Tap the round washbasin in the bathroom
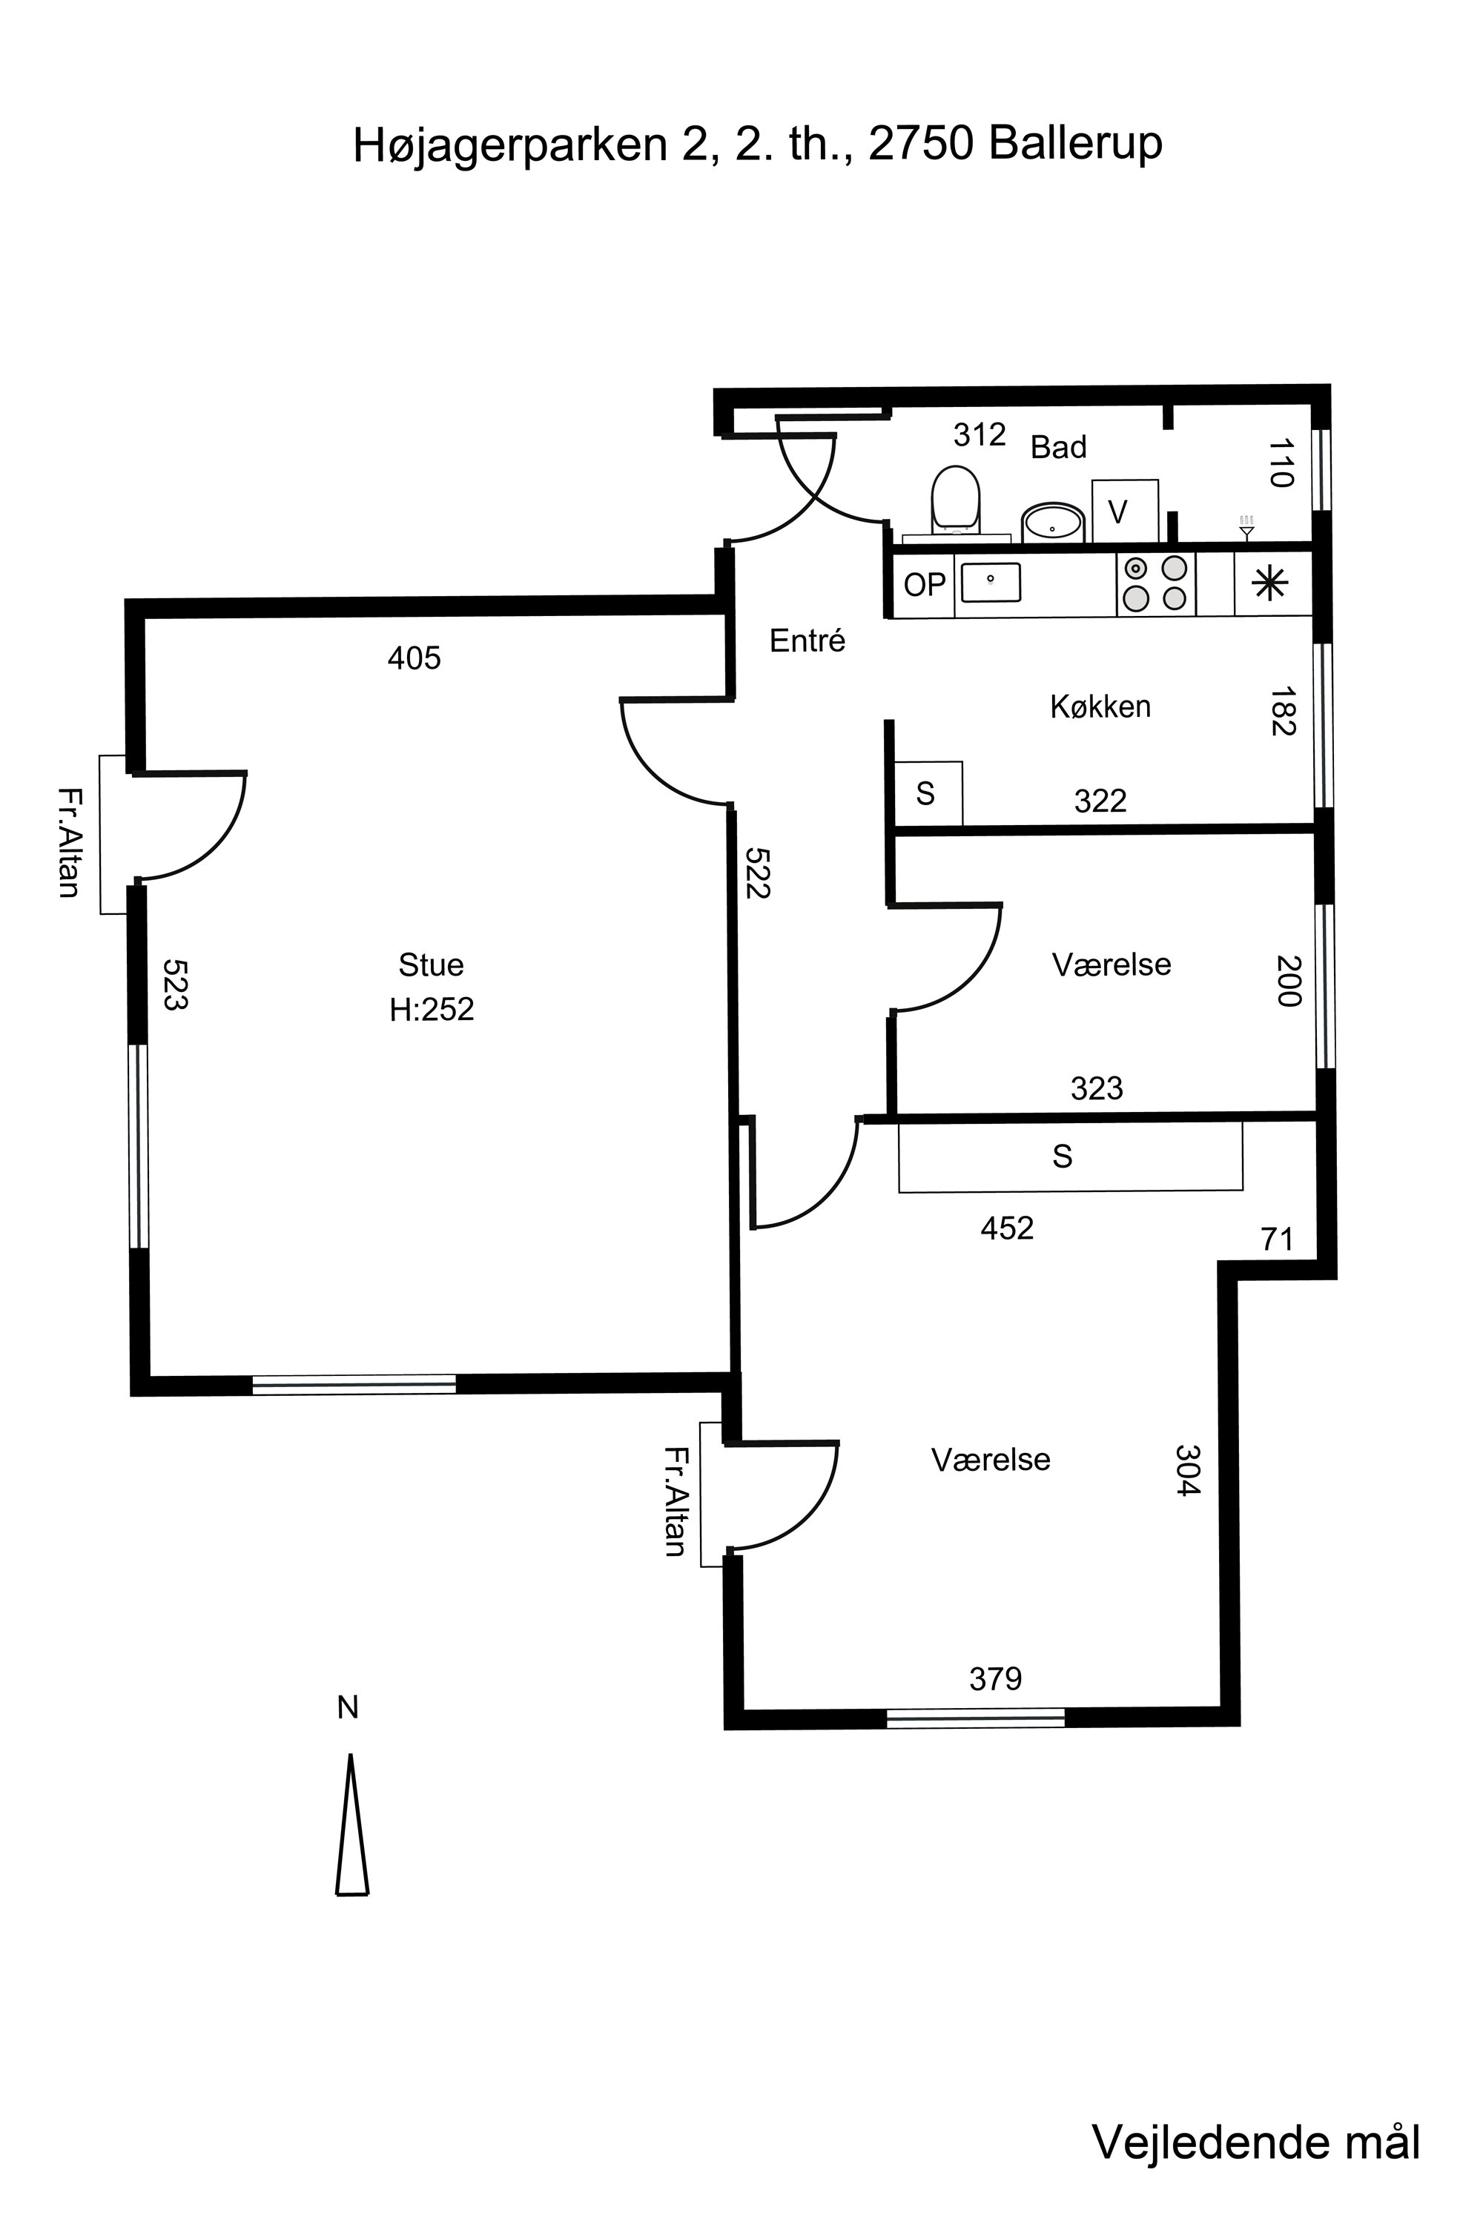tap(1053, 522)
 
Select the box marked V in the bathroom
tap(1125, 512)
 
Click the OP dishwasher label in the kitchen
tap(924, 586)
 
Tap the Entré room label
tap(807, 641)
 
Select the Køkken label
tap(1100, 706)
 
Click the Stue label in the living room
tap(432, 964)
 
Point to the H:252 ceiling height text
tap(432, 1010)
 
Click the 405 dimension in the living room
tap(414, 658)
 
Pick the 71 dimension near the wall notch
tap(1277, 1239)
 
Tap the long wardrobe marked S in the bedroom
tap(1071, 1156)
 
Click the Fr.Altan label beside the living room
tap(68, 841)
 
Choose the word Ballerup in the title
tap(1077, 145)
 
